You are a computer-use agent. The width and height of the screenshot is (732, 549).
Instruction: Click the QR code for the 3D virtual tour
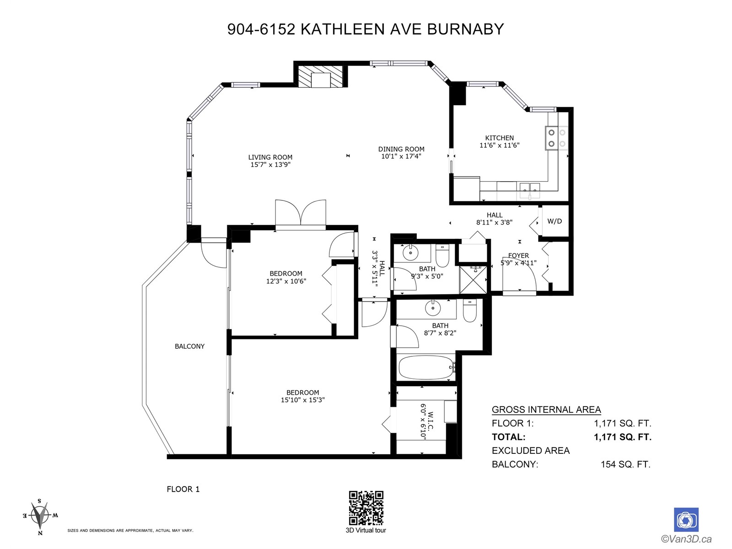click(366, 508)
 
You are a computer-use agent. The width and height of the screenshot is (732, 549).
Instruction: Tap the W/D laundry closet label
click(554, 221)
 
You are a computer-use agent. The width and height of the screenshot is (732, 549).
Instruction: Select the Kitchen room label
click(499, 138)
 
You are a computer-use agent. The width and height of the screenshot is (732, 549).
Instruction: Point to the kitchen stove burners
click(557, 138)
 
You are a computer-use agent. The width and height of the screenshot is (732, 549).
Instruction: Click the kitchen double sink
click(530, 190)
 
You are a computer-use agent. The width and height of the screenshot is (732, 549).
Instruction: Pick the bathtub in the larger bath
click(426, 367)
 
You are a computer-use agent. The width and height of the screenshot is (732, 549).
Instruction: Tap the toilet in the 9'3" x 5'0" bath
click(442, 256)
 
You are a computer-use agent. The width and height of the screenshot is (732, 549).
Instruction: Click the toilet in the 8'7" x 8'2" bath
click(469, 311)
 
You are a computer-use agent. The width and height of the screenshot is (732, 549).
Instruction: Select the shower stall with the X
click(473, 280)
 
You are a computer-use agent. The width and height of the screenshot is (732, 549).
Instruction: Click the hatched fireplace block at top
click(321, 76)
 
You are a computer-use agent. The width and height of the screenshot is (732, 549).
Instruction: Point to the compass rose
click(40, 516)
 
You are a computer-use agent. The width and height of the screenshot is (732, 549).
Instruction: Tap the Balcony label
click(189, 346)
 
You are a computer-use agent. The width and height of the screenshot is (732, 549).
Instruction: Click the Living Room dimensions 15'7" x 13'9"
click(270, 165)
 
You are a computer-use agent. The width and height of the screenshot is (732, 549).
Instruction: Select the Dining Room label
click(401, 149)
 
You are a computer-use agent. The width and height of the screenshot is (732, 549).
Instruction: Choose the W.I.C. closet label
click(431, 420)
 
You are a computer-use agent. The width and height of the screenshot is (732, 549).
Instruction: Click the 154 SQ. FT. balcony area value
click(625, 464)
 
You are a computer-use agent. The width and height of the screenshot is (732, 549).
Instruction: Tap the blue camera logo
click(686, 520)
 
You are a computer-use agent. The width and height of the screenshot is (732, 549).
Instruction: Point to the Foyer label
click(518, 256)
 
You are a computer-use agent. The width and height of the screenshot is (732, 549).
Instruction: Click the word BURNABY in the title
click(465, 29)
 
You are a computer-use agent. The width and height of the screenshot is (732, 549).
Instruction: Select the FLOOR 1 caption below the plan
click(183, 489)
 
